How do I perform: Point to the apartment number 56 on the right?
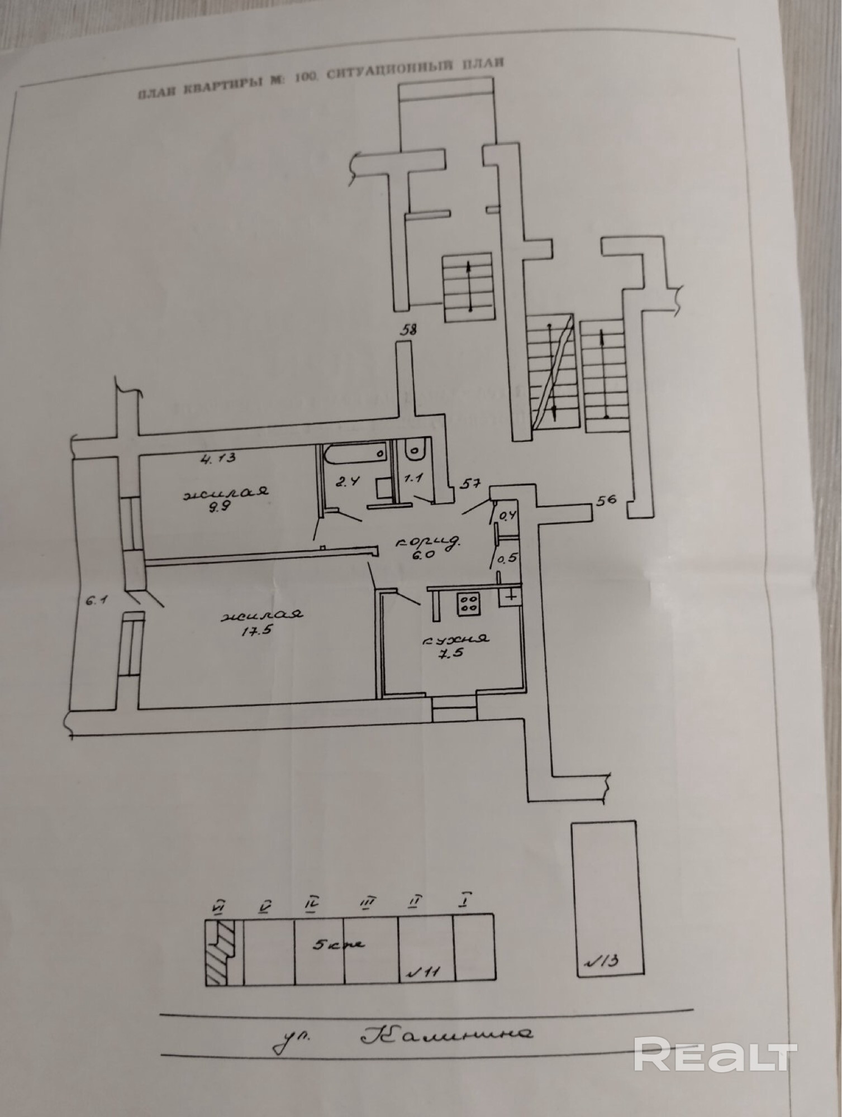(606, 500)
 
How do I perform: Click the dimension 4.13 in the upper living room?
(219, 459)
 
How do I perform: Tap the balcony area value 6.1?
(93, 602)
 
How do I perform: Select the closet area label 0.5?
(507, 559)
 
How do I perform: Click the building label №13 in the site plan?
(601, 961)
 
